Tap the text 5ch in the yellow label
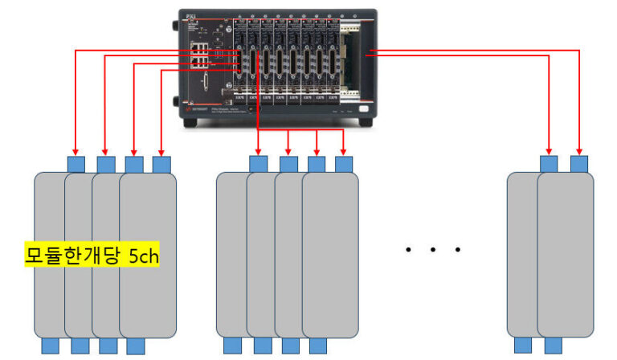(x=145, y=256)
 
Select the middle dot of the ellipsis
(x=432, y=251)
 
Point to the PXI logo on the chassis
(x=191, y=14)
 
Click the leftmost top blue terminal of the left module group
(x=76, y=164)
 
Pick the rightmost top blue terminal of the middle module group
(x=345, y=163)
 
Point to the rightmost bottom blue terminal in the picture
(x=553, y=346)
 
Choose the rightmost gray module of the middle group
(x=330, y=253)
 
